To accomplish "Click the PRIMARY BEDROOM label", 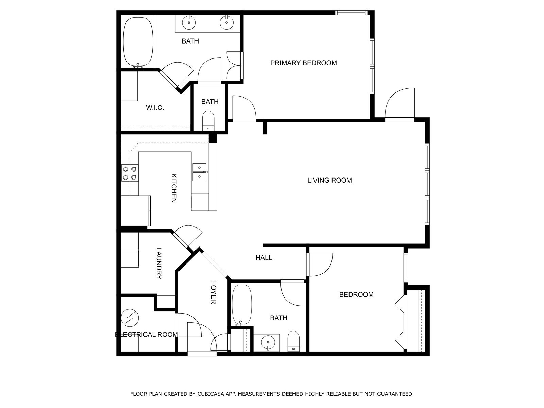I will coord(303,63).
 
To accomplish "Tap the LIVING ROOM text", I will coord(329,180).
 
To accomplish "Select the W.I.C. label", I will coord(155,108).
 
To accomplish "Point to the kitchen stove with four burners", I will coord(130,173).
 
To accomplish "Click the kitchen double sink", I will coord(200,172).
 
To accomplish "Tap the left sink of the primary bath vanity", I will coord(189,23).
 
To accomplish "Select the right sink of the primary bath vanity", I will coord(226,23).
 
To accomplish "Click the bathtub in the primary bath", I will coord(138,41).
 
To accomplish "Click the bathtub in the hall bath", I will coord(242,305).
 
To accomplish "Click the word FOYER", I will coord(214,292).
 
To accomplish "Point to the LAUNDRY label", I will coord(159,263).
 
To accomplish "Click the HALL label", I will coord(264,258).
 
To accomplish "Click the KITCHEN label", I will coord(174,188).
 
